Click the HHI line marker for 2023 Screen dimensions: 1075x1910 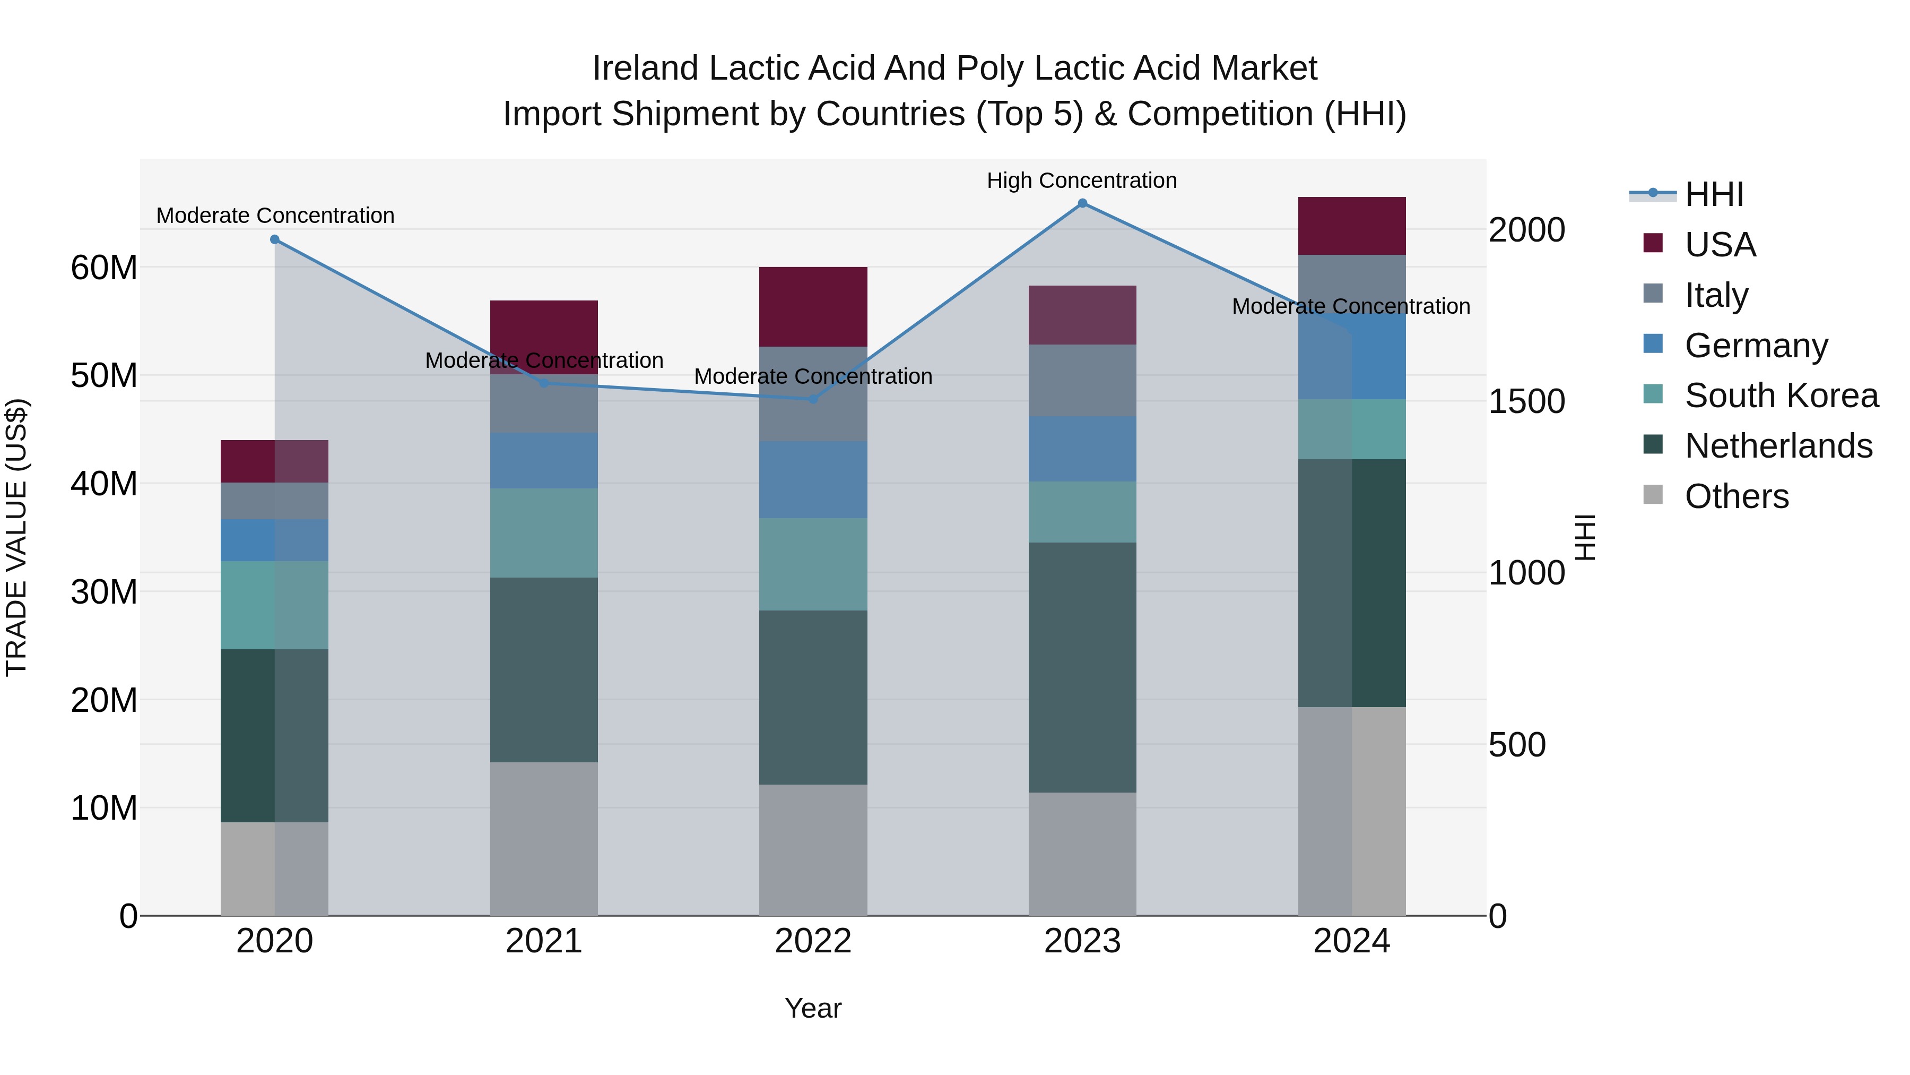pyautogui.click(x=1082, y=203)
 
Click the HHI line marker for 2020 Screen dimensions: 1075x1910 pyautogui.click(x=274, y=239)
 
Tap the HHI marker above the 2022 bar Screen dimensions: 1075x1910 pyautogui.click(x=813, y=399)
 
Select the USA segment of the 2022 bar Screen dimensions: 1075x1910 pyautogui.click(x=813, y=306)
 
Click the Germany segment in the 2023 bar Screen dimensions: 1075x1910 pyautogui.click(x=1082, y=449)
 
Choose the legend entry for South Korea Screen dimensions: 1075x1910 pyautogui.click(x=1781, y=395)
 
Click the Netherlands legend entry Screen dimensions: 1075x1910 pyautogui.click(x=1778, y=446)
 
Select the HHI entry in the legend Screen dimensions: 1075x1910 pyautogui.click(x=1714, y=194)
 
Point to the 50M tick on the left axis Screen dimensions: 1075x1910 pyautogui.click(x=104, y=375)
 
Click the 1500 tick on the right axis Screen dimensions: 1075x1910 pyautogui.click(x=1526, y=401)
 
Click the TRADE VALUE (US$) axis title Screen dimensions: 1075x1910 pyautogui.click(x=16, y=537)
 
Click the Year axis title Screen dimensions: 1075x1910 pyautogui.click(x=813, y=1008)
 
